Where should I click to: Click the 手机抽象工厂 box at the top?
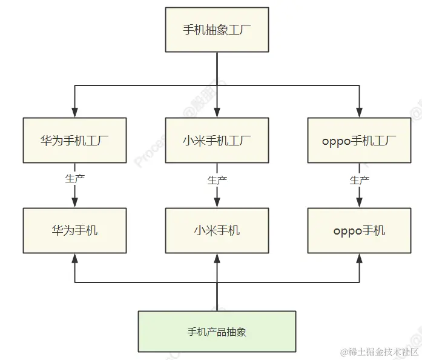(x=217, y=29)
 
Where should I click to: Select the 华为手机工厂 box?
(x=74, y=141)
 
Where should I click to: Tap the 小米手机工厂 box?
(x=217, y=141)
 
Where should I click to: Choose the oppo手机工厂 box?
(x=359, y=141)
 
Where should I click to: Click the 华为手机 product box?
(x=74, y=230)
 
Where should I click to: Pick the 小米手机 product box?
(x=217, y=230)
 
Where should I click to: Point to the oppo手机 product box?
(x=359, y=230)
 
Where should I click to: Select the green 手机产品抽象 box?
(x=217, y=332)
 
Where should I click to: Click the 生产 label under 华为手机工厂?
(x=74, y=179)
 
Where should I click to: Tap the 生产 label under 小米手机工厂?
(x=217, y=180)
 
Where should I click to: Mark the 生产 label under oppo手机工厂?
(x=359, y=180)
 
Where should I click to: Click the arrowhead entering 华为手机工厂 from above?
(x=74, y=113)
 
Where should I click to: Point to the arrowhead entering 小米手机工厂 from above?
(x=217, y=113)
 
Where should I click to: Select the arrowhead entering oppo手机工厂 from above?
(x=359, y=113)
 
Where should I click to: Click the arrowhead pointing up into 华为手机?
(x=74, y=258)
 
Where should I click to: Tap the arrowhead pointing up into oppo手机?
(x=359, y=258)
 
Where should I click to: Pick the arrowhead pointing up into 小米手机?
(x=217, y=258)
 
